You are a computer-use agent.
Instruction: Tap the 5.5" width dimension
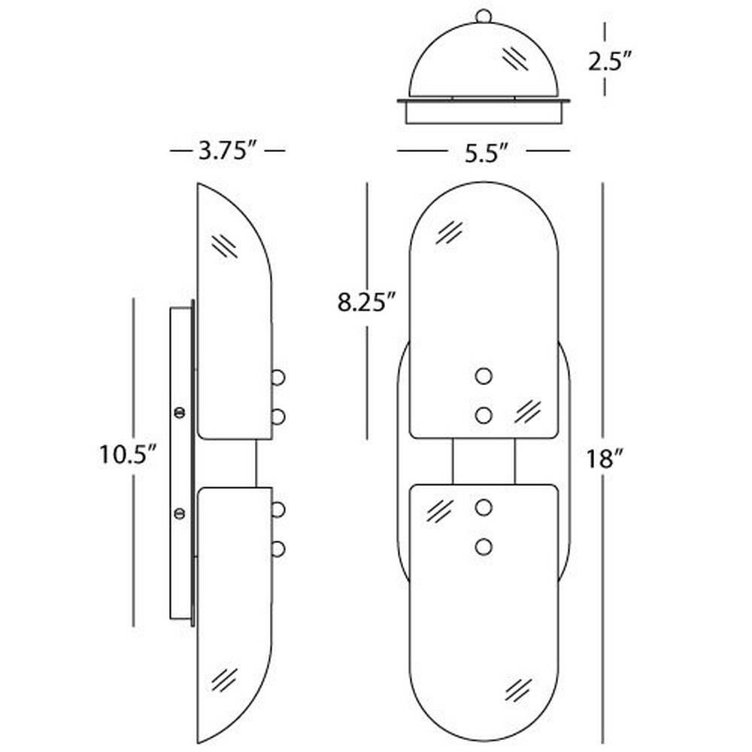(x=486, y=153)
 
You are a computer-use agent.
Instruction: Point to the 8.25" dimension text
(x=367, y=302)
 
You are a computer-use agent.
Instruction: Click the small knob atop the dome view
(x=484, y=16)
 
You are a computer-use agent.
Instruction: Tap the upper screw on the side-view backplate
(x=180, y=412)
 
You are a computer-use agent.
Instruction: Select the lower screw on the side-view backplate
(x=180, y=513)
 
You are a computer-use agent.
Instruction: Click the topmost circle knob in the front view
(x=484, y=377)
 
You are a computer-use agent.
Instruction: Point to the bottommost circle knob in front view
(x=484, y=547)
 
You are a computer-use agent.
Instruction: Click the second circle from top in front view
(x=484, y=415)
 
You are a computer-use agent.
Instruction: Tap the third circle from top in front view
(x=484, y=508)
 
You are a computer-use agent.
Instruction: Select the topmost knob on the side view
(x=278, y=378)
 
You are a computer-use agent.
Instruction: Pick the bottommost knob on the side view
(x=278, y=549)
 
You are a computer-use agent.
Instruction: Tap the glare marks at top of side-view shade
(x=224, y=246)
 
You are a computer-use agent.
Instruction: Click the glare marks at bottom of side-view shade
(x=223, y=679)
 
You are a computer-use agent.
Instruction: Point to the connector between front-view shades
(x=484, y=462)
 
